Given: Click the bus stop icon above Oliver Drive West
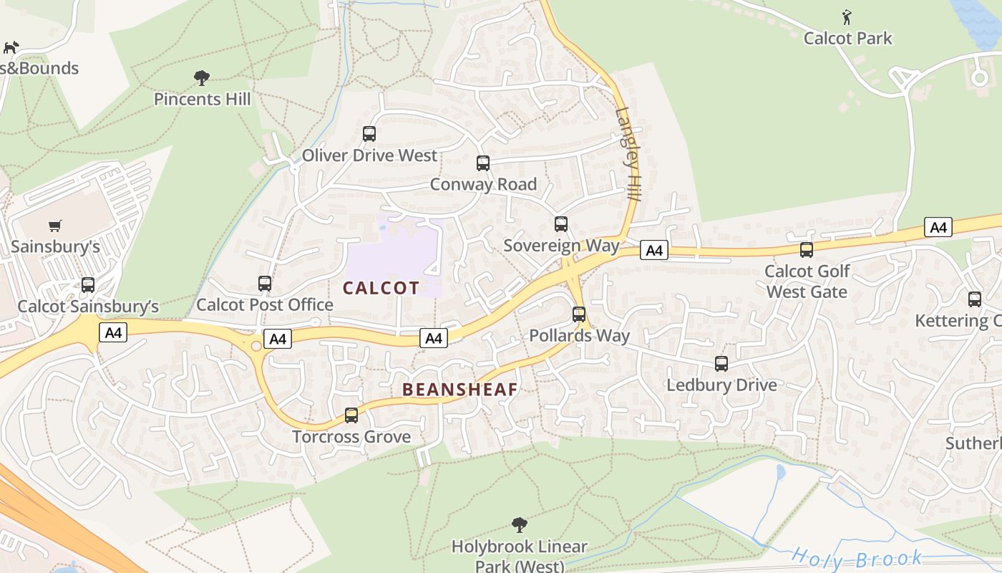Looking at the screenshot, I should point(369,134).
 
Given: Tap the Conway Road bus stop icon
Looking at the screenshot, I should point(483,163).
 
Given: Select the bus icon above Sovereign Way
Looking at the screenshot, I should point(561,224).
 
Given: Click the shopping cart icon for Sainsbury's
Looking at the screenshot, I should point(55,226).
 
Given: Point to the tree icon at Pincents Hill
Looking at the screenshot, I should point(202,77).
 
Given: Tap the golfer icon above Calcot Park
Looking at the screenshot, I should point(847,16).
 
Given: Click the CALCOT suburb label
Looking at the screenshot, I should point(381,288).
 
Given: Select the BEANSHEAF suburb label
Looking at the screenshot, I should point(459,390).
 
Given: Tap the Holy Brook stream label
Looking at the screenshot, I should point(857,557).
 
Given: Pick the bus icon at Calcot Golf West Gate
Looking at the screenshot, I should point(807,250).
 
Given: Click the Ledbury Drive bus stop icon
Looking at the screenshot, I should point(721,364).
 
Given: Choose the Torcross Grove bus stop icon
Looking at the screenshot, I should point(351,415).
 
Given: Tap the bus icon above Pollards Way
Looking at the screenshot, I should point(579,314).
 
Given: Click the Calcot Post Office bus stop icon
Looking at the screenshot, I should point(265,284).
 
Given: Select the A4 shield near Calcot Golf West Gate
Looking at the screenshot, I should point(938,228).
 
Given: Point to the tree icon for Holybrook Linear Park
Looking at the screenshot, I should point(520,525).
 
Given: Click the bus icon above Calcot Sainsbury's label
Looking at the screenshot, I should point(88,285).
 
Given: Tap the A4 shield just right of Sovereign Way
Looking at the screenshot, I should point(653,250).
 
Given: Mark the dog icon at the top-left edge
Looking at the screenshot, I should point(11,47).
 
